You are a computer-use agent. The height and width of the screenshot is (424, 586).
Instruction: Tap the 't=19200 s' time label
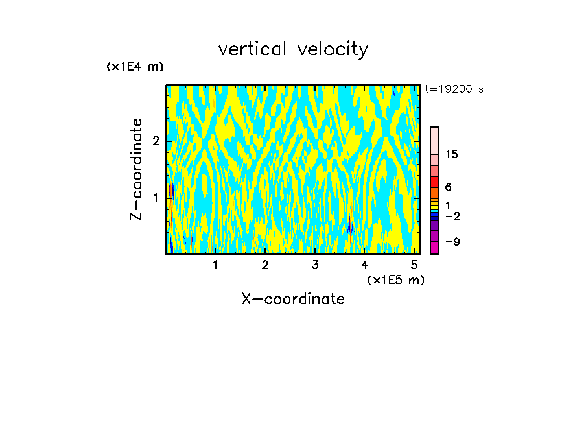point(454,89)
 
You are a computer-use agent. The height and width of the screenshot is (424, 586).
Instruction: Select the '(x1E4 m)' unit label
point(135,67)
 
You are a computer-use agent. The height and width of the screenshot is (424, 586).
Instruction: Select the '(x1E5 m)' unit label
point(395,279)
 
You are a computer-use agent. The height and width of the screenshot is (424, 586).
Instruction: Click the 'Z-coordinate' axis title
point(136,169)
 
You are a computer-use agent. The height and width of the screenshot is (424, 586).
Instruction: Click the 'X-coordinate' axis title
point(293,299)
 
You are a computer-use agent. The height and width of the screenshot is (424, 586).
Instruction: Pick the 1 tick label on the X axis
point(215,265)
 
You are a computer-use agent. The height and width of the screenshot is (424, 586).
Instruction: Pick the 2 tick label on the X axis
point(265,265)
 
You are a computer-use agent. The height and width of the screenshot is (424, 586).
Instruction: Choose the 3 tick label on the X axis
point(315,265)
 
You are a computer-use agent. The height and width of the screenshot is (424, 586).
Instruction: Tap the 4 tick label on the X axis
point(365,265)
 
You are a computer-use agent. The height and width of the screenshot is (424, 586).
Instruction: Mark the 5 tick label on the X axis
point(414,265)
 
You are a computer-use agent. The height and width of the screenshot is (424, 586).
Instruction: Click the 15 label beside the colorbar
point(452,154)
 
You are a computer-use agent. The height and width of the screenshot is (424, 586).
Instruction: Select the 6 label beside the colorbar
point(448,187)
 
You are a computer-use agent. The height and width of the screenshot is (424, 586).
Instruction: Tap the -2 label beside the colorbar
point(452,217)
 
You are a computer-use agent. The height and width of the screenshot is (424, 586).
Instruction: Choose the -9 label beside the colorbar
point(452,242)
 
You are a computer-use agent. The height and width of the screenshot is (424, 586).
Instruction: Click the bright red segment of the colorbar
point(435,182)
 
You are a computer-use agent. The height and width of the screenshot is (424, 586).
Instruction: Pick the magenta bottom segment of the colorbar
point(435,248)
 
